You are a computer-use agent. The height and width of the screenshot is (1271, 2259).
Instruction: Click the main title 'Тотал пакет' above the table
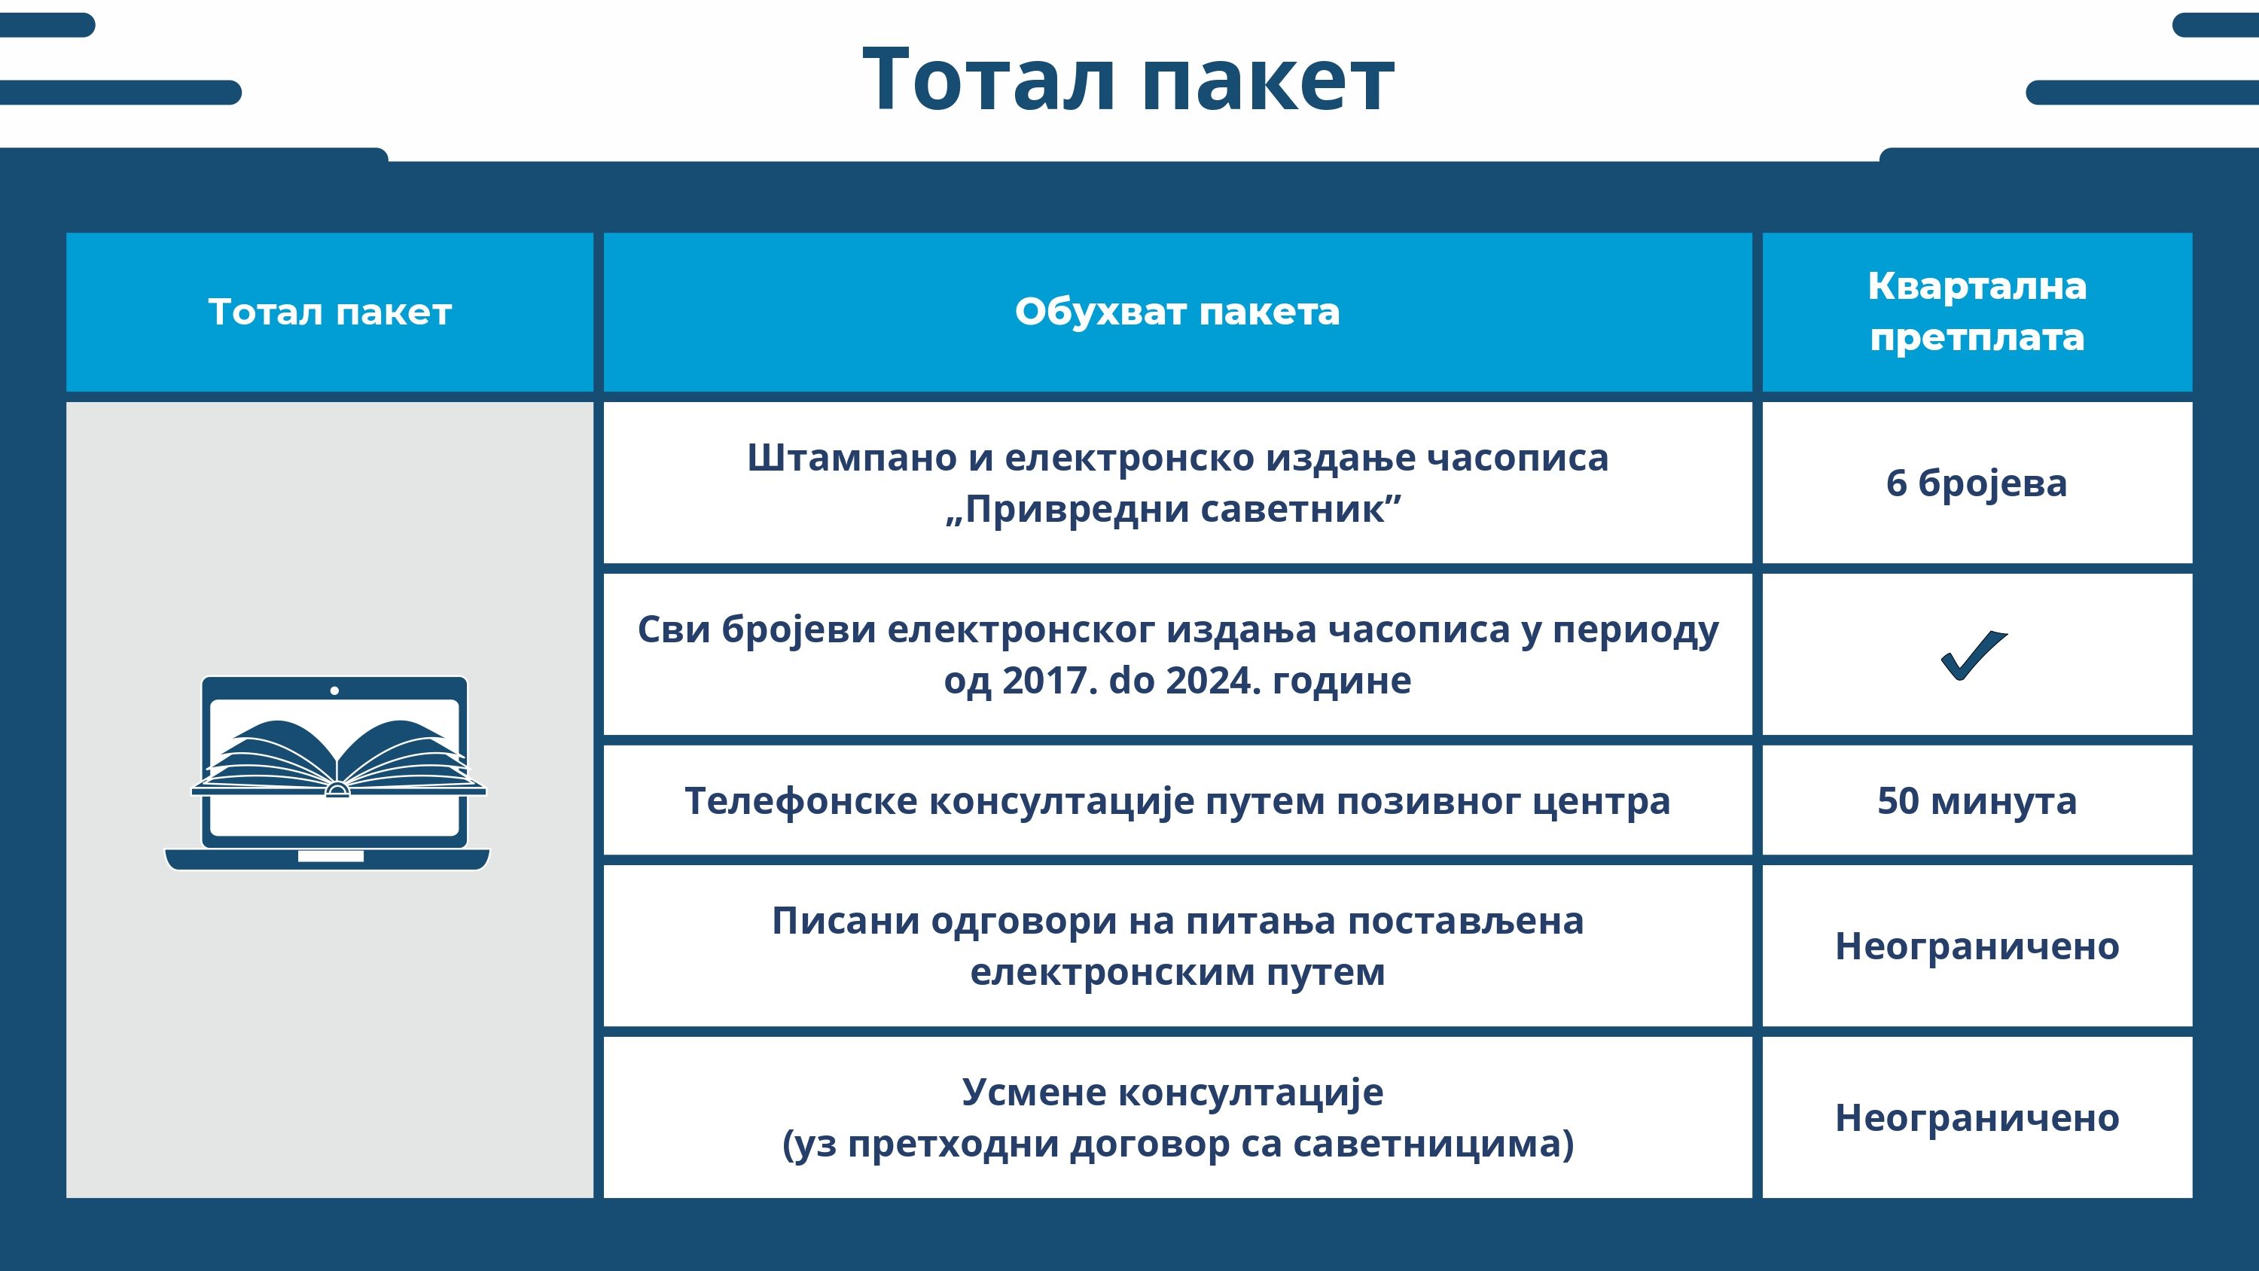[x=1129, y=80]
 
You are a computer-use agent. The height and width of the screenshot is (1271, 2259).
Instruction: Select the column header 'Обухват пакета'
[x=1177, y=312]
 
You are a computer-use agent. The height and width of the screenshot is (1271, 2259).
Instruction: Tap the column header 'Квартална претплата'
[x=1977, y=312]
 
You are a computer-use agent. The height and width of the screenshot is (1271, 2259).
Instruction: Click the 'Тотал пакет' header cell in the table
[x=330, y=312]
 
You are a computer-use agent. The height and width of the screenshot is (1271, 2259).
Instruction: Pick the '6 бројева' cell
[x=1977, y=483]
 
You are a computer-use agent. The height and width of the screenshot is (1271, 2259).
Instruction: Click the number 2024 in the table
[x=1214, y=680]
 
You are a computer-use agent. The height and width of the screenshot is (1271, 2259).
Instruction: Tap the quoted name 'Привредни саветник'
[x=1174, y=509]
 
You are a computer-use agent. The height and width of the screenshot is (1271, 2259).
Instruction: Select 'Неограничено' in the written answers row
[x=1977, y=946]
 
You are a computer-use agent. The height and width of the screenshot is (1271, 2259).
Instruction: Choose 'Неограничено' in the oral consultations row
[x=1977, y=1118]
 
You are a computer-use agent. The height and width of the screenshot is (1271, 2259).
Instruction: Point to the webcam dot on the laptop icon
[x=334, y=691]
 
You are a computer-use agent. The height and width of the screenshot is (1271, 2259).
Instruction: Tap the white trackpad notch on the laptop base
[x=331, y=856]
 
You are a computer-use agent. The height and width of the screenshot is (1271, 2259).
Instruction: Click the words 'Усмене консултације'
[x=1172, y=1093]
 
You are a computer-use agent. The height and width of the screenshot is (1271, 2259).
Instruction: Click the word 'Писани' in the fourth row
[x=846, y=921]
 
